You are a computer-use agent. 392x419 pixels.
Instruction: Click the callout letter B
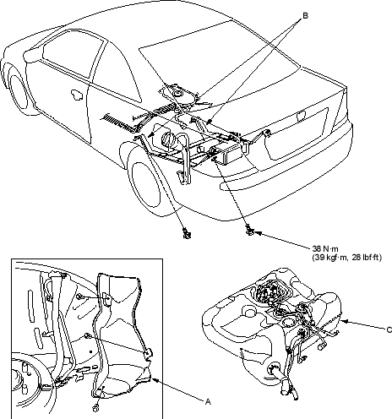(x=305, y=16)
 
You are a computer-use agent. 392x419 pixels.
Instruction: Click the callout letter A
(x=208, y=402)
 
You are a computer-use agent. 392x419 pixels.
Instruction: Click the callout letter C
(x=389, y=330)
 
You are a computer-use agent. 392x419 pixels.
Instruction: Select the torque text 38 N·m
(x=325, y=249)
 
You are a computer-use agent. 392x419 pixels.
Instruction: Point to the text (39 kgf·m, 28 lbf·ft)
(x=346, y=258)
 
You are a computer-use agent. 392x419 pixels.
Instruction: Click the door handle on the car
(x=77, y=95)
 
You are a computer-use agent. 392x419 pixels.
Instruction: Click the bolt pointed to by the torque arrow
(x=250, y=231)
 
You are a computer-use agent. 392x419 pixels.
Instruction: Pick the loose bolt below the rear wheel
(x=187, y=233)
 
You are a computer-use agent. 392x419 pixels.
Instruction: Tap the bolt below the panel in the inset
(x=96, y=408)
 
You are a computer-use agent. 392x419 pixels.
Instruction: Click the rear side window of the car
(x=116, y=74)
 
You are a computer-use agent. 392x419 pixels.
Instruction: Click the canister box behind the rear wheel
(x=226, y=154)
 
